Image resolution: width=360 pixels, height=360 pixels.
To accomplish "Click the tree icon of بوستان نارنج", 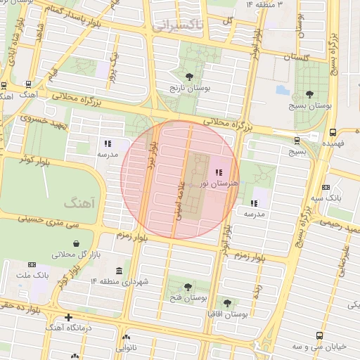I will [x=188, y=77].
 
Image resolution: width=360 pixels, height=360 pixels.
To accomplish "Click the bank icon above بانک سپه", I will [x=326, y=187].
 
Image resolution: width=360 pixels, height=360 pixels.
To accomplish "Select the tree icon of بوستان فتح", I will [x=188, y=286].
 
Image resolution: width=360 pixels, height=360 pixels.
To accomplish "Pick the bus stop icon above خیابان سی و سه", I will [x=320, y=335].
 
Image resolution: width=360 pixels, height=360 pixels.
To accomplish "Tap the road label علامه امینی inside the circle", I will [x=180, y=200].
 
